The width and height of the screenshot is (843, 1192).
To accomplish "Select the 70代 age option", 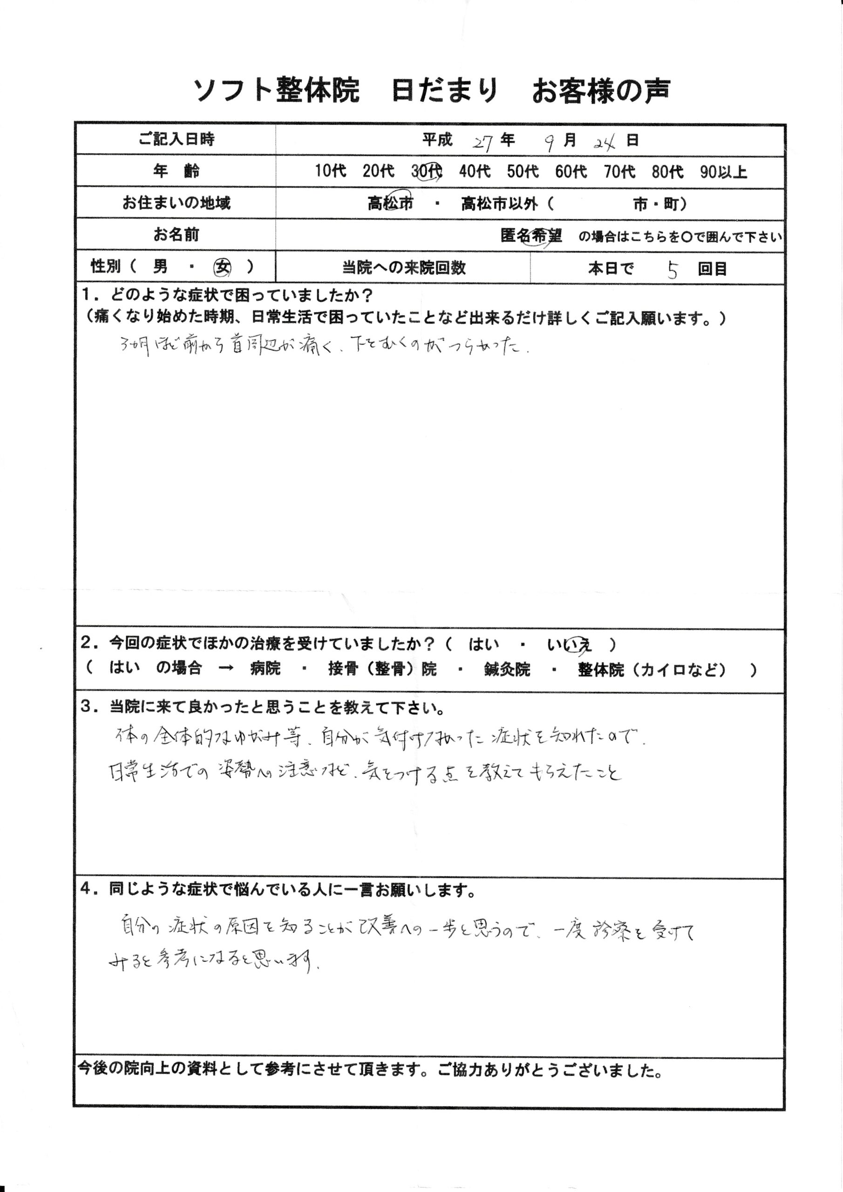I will pyautogui.click(x=619, y=172).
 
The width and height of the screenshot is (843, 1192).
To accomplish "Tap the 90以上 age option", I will pyautogui.click(x=723, y=172).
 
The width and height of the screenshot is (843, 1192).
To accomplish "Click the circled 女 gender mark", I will pyautogui.click(x=223, y=267).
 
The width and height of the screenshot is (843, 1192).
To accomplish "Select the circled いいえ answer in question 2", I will pyautogui.click(x=569, y=645).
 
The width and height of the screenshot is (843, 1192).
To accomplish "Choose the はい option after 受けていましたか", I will pyautogui.click(x=483, y=645).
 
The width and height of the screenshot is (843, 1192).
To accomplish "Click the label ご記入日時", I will pyautogui.click(x=176, y=140).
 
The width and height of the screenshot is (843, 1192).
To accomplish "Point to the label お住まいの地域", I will pyautogui.click(x=176, y=203).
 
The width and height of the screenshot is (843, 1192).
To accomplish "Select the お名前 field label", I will pyautogui.click(x=176, y=235).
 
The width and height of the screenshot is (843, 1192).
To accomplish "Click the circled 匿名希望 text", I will pyautogui.click(x=531, y=236).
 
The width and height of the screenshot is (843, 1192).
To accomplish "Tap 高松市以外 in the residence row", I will pyautogui.click(x=499, y=204).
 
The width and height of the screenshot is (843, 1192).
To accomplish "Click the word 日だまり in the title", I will pyautogui.click(x=445, y=91).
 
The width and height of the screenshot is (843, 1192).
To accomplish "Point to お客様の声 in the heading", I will pyautogui.click(x=601, y=91).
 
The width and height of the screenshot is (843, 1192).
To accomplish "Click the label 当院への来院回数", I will pyautogui.click(x=404, y=268).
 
